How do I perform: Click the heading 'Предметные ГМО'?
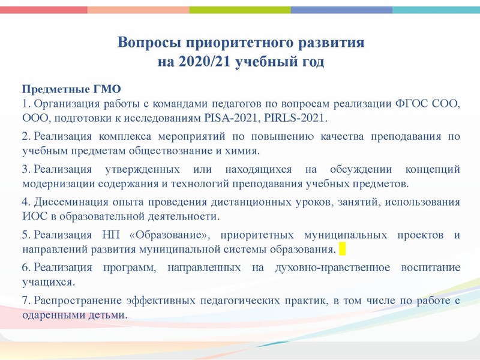pyautogui.click(x=59, y=90)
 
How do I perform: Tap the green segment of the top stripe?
pyautogui.click(x=240, y=10)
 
